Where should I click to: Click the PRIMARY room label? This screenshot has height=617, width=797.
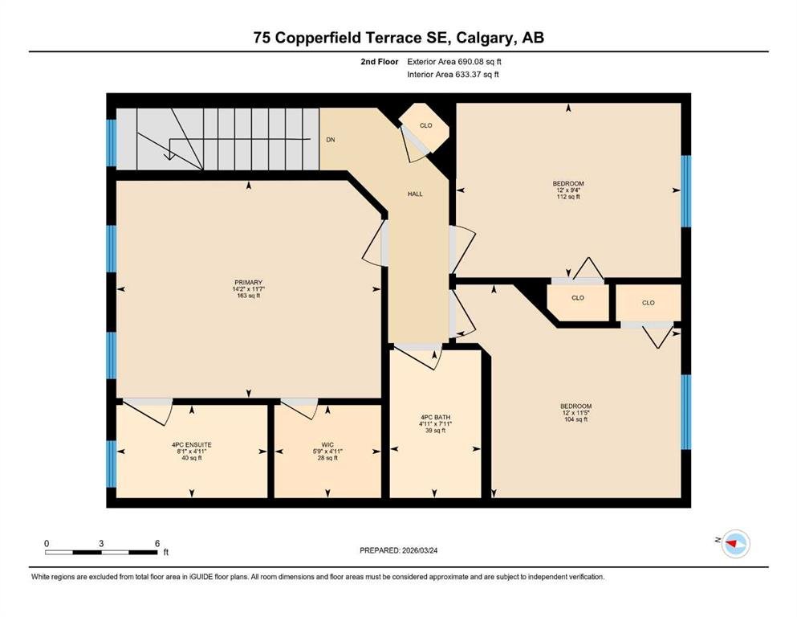[249, 282]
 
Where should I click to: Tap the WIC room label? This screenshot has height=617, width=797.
[327, 444]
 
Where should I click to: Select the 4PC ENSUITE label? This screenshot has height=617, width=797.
[192, 444]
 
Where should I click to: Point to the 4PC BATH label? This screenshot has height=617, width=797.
[435, 417]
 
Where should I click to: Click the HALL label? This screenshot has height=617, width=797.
[415, 194]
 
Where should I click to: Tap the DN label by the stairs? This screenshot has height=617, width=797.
[331, 140]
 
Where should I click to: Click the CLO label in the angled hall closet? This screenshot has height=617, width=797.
[426, 125]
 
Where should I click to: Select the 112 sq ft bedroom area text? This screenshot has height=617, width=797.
[568, 196]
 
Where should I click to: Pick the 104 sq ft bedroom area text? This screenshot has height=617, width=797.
[576, 419]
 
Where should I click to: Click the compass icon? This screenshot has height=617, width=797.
[736, 543]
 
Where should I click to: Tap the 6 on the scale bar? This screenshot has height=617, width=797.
[157, 543]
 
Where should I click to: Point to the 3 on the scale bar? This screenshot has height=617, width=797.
[101, 543]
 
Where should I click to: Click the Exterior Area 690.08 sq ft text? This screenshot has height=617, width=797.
[454, 62]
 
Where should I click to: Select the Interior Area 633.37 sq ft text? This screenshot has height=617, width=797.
[453, 74]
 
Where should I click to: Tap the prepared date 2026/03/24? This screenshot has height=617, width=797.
[420, 550]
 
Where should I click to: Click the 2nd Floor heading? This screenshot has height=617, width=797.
[380, 62]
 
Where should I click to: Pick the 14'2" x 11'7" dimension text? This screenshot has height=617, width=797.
[249, 289]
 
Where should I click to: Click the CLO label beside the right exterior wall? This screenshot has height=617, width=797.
[648, 303]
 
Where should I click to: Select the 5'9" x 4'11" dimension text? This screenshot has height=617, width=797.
[327, 452]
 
